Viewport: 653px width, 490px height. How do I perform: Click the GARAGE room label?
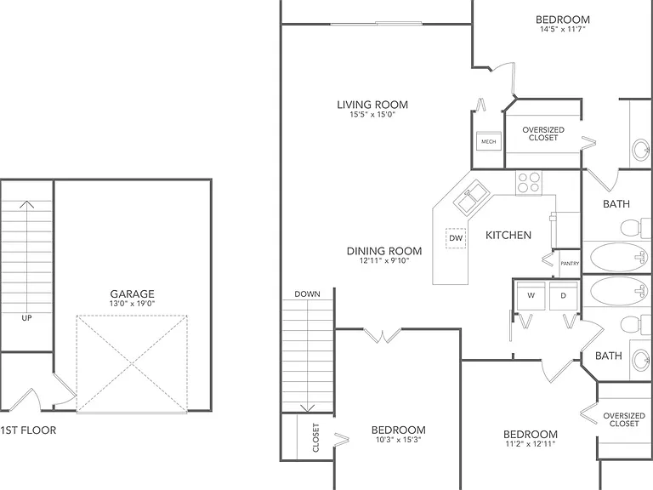pos(132,293)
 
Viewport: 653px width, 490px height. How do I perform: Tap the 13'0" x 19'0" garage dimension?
pos(132,304)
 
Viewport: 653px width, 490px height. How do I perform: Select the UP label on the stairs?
pos(26,318)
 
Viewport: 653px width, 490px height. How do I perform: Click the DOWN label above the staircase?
pos(307,293)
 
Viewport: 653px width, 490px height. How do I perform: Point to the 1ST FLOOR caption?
pos(28,430)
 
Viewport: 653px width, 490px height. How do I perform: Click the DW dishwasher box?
pos(456,238)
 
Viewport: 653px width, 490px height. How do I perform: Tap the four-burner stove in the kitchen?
pos(529,183)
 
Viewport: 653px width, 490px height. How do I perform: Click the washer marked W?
pos(531,296)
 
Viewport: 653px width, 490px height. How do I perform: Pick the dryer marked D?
pos(564,296)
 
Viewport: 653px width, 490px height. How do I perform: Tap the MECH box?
pos(489,142)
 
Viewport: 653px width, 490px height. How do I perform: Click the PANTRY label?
pos(570,264)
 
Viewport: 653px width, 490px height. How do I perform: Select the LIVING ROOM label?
pos(372,105)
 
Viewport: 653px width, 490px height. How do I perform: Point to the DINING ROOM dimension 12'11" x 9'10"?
pos(384,261)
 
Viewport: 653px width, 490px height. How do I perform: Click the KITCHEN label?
pos(508,235)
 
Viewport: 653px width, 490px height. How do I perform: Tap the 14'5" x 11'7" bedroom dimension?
pos(563,29)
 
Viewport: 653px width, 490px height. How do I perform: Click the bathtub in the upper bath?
pos(618,258)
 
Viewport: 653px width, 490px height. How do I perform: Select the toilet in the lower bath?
pos(636,325)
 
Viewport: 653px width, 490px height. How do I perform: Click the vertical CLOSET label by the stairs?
pos(315,437)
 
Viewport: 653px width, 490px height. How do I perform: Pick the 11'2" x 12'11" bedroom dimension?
pos(531,444)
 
